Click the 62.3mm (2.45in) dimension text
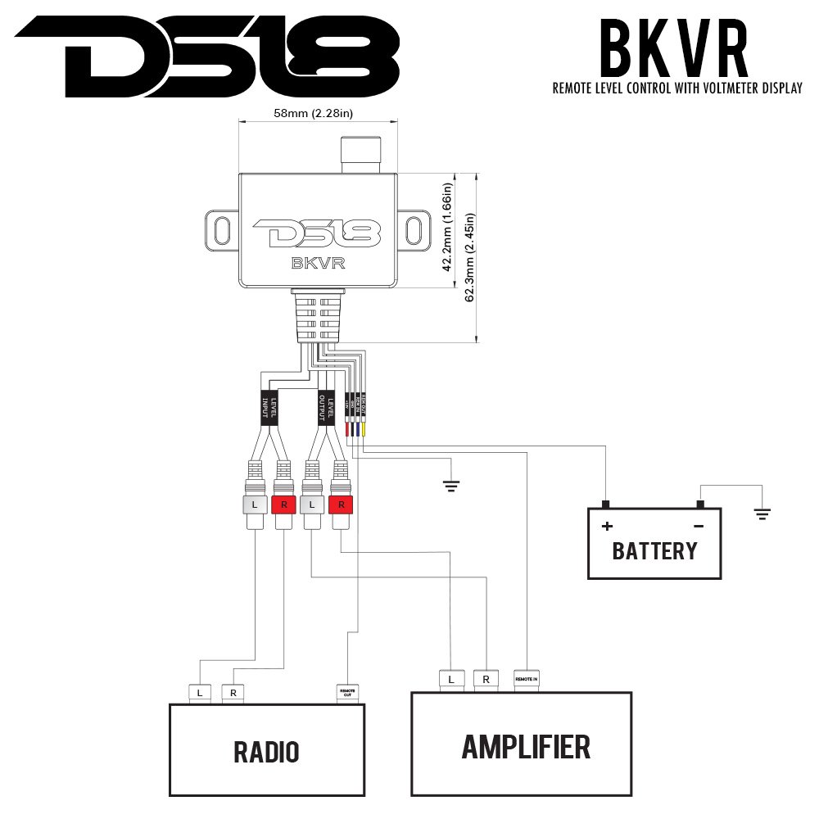point(469,257)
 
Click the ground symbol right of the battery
point(762,514)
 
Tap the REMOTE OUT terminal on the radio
point(347,693)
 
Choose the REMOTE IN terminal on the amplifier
point(526,679)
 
